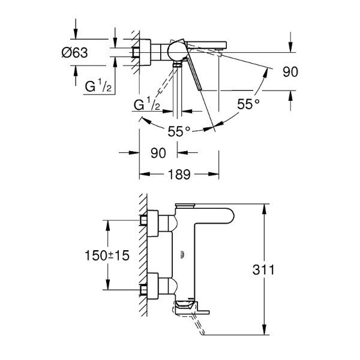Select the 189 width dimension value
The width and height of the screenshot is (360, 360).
click(x=179, y=175)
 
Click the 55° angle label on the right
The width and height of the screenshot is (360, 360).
click(x=248, y=104)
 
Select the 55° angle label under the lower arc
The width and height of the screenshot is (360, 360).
click(x=178, y=130)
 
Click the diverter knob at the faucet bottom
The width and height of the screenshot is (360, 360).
click(x=185, y=307)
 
